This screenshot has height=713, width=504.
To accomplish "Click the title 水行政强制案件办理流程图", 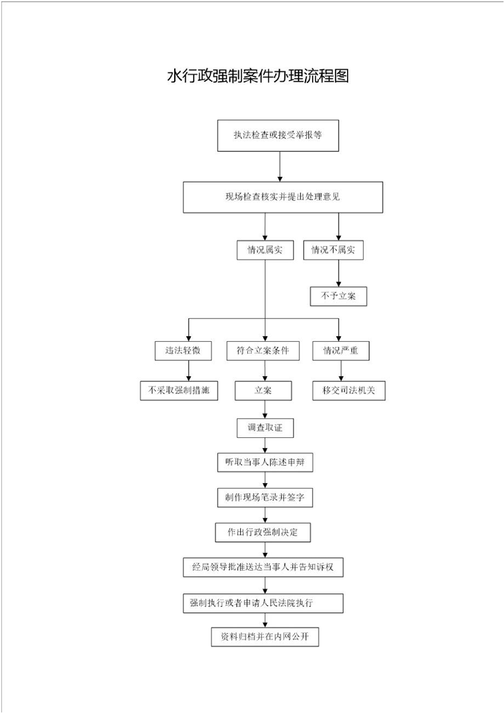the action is pyautogui.click(x=258, y=76).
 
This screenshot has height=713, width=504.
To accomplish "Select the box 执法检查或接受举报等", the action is pyautogui.click(x=278, y=135).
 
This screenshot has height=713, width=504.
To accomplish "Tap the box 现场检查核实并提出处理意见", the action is pyautogui.click(x=283, y=198).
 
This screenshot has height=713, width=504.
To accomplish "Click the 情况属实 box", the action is pyautogui.click(x=265, y=250).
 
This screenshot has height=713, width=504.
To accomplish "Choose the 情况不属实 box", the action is pyautogui.click(x=334, y=250).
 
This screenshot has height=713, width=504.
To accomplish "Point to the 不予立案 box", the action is pyautogui.click(x=338, y=296).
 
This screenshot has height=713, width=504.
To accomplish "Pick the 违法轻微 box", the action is pyautogui.click(x=183, y=351).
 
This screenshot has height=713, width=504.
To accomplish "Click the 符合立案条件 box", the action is pyautogui.click(x=263, y=351).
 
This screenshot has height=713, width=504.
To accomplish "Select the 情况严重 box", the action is pyautogui.click(x=341, y=351).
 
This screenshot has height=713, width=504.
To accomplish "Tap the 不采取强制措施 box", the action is pyautogui.click(x=179, y=391).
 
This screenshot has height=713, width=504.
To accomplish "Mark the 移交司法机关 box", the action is pyautogui.click(x=349, y=391).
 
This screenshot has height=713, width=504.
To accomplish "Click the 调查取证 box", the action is pyautogui.click(x=265, y=428).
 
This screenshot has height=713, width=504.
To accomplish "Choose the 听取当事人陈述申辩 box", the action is pyautogui.click(x=265, y=463).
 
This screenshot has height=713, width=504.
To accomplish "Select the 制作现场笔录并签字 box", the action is pyautogui.click(x=265, y=498).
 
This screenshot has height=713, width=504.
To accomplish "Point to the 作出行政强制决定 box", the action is pyautogui.click(x=263, y=532).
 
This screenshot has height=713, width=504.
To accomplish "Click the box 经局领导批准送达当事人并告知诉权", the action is pyautogui.click(x=263, y=567).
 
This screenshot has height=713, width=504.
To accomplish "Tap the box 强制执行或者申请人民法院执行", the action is pyautogui.click(x=263, y=604).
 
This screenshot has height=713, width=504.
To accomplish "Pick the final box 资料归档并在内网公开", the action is pyautogui.click(x=265, y=637).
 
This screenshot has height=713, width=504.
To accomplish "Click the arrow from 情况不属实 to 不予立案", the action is pyautogui.click(x=338, y=273).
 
